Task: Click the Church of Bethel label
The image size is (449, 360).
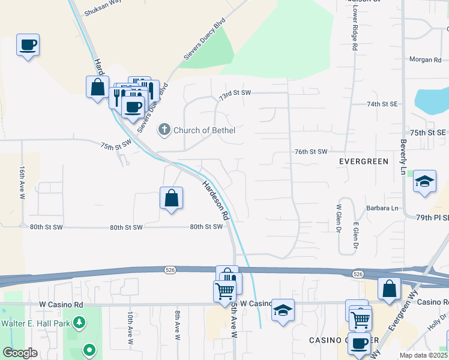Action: (204, 130)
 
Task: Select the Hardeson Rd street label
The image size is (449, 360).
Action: (217, 200)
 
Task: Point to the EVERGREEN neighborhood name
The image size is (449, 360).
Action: (364, 162)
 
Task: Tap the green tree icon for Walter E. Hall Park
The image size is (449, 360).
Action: (79, 322)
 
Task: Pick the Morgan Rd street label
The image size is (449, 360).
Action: (425, 60)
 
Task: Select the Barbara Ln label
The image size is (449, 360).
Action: (382, 208)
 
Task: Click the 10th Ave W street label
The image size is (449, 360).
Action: (130, 328)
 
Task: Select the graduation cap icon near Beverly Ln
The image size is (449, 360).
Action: (424, 182)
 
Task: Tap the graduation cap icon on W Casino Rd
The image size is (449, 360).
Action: (283, 310)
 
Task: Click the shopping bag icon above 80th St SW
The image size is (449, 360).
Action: (171, 197)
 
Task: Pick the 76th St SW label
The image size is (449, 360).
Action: (311, 152)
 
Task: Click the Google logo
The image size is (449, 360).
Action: (20, 353)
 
